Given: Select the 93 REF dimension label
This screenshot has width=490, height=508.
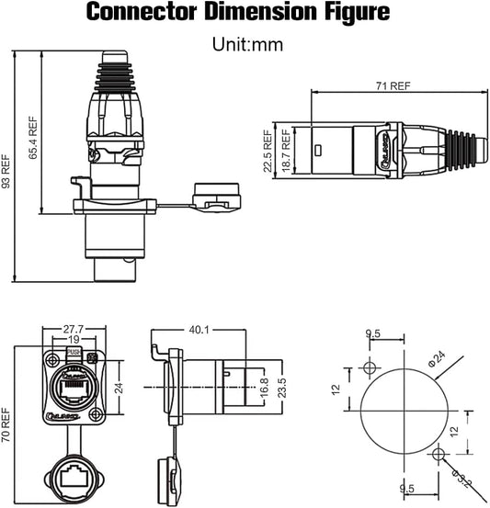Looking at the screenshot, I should (7, 171).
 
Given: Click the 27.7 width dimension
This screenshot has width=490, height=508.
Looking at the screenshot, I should (73, 328).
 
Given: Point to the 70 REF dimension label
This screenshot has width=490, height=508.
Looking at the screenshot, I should (7, 424).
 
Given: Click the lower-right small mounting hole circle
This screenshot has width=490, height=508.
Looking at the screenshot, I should (440, 453).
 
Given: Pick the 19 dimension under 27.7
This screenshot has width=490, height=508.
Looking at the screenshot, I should (73, 340).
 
